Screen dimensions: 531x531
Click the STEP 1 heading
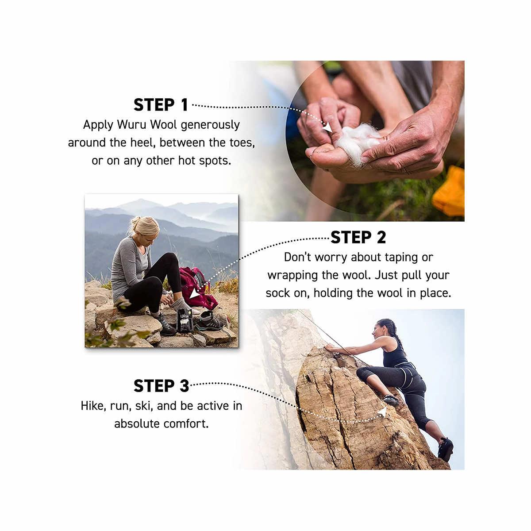tap(161, 105)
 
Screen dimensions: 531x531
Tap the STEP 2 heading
tap(358, 237)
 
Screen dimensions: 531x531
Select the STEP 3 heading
tap(161, 386)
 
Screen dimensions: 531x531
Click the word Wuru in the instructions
tap(131, 124)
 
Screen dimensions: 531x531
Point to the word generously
tap(210, 125)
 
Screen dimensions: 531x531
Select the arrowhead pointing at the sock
tap(195, 294)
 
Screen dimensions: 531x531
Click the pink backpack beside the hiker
tap(197, 287)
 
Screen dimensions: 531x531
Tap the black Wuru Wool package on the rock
tap(184, 320)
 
